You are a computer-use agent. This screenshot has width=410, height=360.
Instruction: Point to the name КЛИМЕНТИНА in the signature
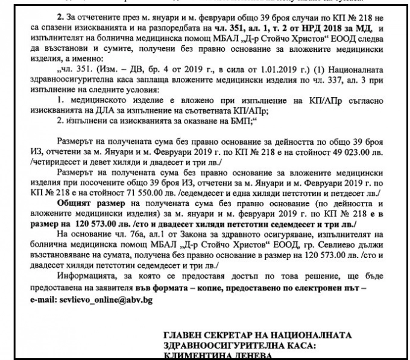(x=193, y=355)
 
